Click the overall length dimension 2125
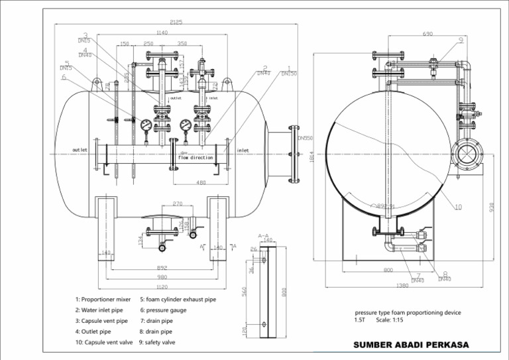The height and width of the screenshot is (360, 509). point(176,23)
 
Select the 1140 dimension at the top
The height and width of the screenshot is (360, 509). point(162,33)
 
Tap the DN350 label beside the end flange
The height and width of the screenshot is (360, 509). point(305,139)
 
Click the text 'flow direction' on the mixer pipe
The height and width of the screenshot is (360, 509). point(196,158)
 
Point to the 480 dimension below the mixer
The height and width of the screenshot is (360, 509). point(201,182)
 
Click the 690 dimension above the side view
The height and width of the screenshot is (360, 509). point(427,34)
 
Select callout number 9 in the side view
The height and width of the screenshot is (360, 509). point(461,40)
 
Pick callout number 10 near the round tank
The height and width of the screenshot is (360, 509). point(458,207)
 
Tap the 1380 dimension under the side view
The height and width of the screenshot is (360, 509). point(402,285)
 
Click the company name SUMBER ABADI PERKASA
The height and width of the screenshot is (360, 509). point(411,345)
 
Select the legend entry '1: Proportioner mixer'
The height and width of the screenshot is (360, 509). point(103,300)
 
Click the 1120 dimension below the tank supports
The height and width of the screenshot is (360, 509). point(162,288)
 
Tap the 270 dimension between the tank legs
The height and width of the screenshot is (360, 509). point(178,204)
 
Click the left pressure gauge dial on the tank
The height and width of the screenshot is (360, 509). point(146,124)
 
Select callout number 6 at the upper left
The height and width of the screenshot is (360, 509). point(64,77)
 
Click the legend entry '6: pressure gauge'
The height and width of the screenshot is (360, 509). point(163,310)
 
